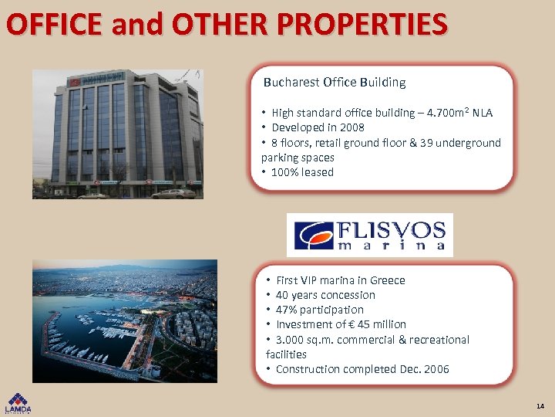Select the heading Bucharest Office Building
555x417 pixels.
tap(335, 82)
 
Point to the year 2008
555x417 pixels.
tap(351, 127)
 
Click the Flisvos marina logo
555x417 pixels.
tap(370, 235)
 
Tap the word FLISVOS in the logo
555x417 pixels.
tap(392, 229)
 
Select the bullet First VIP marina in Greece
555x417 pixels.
tap(340, 280)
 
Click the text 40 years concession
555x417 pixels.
tap(325, 295)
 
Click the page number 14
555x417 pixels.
tap(540, 405)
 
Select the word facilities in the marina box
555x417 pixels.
tap(286, 354)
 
